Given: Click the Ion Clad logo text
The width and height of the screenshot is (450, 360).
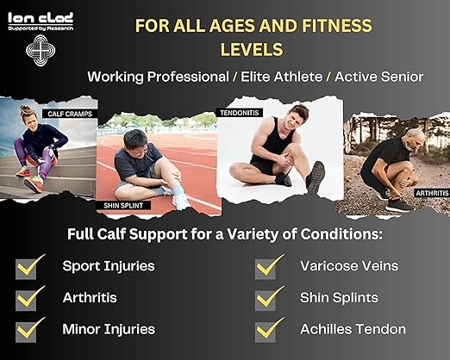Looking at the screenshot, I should [41, 17].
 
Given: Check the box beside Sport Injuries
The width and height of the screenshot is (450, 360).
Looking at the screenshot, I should [28, 267].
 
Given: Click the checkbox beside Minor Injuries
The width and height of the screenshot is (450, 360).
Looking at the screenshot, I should [28, 330].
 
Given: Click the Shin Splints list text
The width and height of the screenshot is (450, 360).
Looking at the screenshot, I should [339, 297].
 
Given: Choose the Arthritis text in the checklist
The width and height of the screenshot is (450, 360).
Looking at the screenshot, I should [90, 297].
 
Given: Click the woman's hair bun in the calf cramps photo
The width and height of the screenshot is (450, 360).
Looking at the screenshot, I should [24, 109].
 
